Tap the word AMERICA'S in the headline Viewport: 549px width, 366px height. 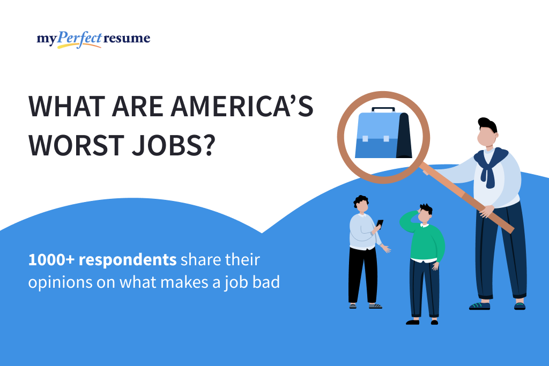241,108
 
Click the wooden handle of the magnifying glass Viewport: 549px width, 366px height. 472,198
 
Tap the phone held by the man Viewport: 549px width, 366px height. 380,223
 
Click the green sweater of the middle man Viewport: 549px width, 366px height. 427,241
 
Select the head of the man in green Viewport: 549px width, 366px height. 425,214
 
